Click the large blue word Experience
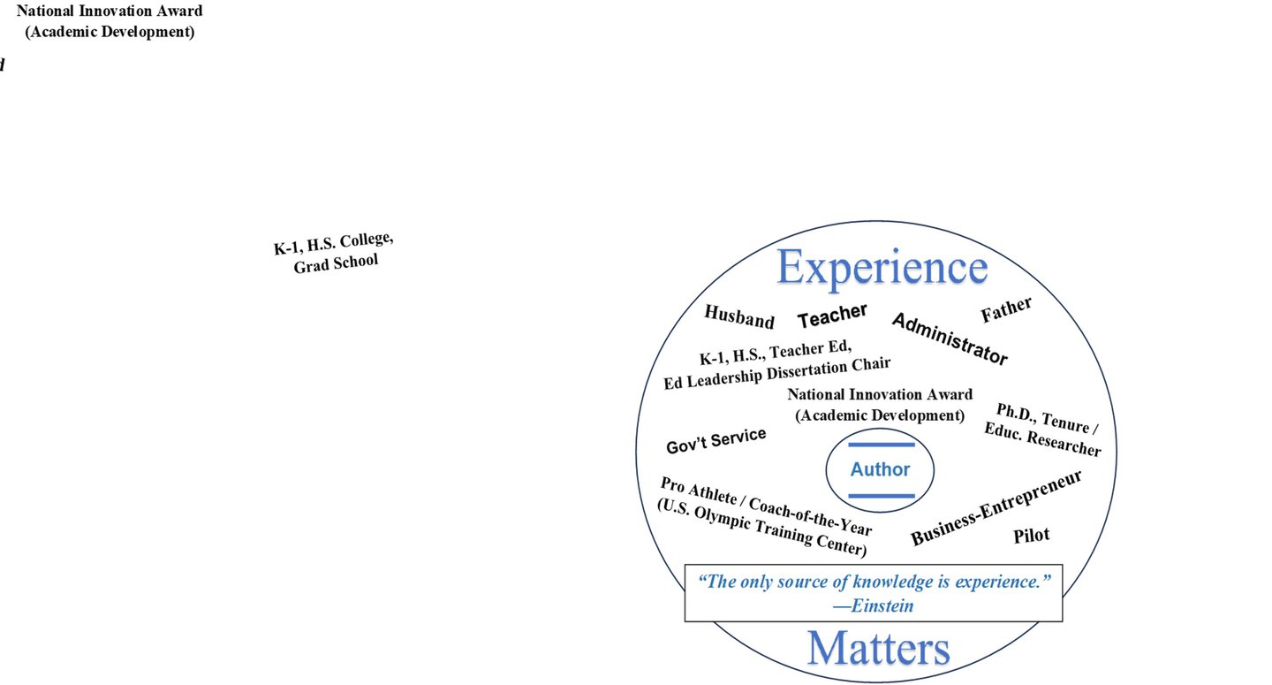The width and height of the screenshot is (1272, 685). coord(882,268)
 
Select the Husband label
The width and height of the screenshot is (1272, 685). coord(738,316)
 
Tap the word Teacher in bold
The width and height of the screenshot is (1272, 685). coord(832,315)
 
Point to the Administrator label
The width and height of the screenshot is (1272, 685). coord(949,339)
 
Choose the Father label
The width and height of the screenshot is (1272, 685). coord(1006,309)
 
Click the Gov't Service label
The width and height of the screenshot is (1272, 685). coord(715,440)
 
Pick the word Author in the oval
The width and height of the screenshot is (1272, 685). coord(880,470)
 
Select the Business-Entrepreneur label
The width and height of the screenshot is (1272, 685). coord(996,508)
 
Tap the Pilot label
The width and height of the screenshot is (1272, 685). coord(1032,535)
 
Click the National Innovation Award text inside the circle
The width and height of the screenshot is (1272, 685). coord(880,395)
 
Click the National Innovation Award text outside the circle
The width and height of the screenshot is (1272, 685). coord(110,11)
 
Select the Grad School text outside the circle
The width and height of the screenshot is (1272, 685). coord(336,263)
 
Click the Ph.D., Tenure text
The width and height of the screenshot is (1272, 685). coord(1047,420)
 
